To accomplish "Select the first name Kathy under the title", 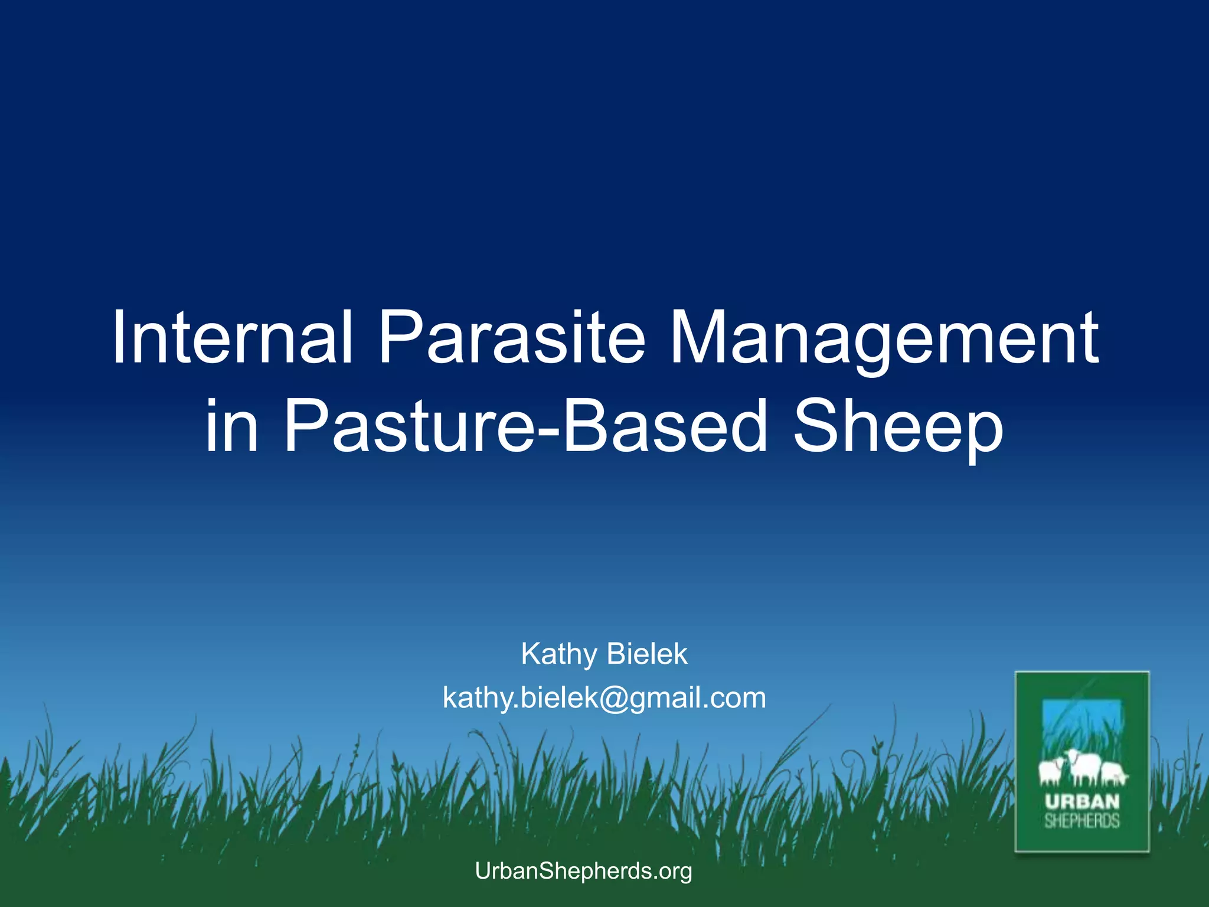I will click(x=558, y=654).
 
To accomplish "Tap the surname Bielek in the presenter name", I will click(x=647, y=654).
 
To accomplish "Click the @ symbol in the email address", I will click(x=615, y=699).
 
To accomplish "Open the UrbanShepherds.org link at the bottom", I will click(x=583, y=871).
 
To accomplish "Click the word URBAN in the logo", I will click(x=1082, y=802).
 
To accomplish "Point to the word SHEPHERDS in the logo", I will click(x=1082, y=821).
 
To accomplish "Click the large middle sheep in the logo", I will click(x=1083, y=767).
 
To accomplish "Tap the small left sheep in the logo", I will click(x=1051, y=771).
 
